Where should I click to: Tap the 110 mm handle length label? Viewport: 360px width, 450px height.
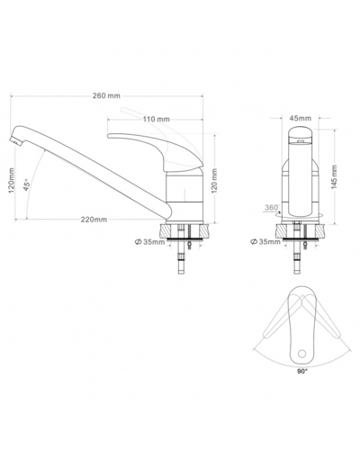click(x=157, y=119)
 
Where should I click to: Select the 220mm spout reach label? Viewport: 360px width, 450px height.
click(x=93, y=219)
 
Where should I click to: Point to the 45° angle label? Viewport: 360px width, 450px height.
click(x=28, y=185)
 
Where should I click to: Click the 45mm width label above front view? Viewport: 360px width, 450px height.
click(x=301, y=118)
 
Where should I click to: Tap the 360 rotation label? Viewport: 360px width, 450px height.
click(x=271, y=208)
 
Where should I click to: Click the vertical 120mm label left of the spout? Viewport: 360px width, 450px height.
click(x=11, y=185)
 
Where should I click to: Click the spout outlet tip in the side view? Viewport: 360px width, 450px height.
click(x=17, y=141)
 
